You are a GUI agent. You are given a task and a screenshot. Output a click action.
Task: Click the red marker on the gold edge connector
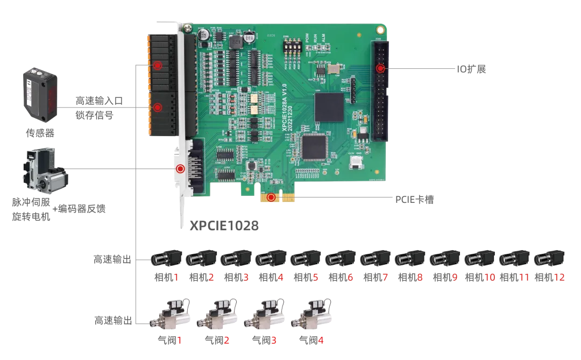[271, 197]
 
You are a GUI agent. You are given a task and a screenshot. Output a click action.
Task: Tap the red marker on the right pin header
[380, 68]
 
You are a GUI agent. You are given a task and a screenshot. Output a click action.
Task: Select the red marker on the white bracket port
[180, 168]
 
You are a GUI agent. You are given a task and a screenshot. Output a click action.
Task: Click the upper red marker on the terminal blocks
[157, 66]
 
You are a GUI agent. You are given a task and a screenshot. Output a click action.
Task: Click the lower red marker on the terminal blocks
[157, 108]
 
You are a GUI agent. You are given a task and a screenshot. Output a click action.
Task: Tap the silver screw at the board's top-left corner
[188, 26]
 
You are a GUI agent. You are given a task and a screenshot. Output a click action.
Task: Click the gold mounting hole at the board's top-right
[380, 30]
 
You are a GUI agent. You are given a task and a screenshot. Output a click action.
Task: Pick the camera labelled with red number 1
[165, 259]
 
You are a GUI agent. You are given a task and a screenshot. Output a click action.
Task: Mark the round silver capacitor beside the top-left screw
[204, 34]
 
